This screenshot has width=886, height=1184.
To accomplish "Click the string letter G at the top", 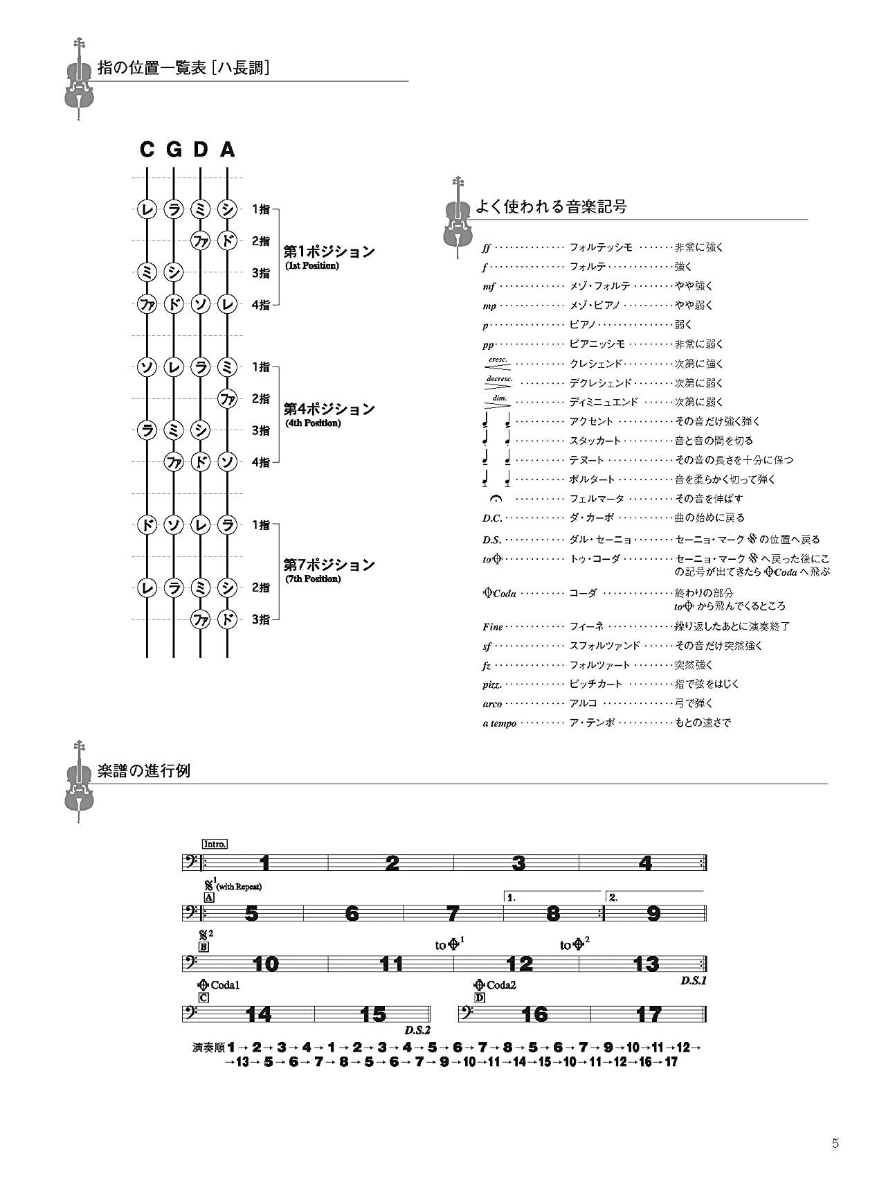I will [174, 150].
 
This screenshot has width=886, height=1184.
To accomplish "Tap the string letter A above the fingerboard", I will [228, 150].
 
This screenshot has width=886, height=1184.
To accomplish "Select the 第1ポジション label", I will [329, 252].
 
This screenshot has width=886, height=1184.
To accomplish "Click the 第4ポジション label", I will [329, 409].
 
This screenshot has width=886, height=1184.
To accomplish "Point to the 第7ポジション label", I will [329, 565].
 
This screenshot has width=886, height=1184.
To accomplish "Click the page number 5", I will [835, 1144].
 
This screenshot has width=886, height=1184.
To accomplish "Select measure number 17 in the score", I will [649, 1014].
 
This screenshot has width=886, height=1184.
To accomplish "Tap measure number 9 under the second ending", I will [653, 913].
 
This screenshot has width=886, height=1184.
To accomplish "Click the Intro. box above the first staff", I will [215, 844].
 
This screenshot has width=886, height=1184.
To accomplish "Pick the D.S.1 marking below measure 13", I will [694, 981].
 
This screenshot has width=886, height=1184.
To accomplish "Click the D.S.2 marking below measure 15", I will [417, 1030].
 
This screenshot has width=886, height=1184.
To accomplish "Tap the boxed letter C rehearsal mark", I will [204, 998].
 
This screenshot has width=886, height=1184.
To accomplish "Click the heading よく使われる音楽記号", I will [551, 206].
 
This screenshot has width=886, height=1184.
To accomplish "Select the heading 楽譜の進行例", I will [144, 771].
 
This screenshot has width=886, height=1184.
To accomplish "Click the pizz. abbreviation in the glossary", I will [492, 684].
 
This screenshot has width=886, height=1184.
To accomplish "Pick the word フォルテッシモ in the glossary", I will [600, 247].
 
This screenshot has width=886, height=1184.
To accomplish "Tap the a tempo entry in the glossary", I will [499, 723].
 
